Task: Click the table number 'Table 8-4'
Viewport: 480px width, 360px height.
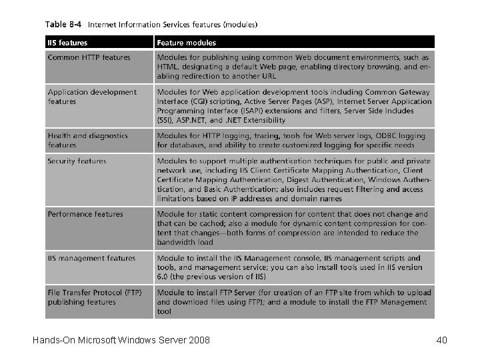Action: click(x=63, y=25)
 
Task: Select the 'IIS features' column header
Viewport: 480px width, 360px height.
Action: click(x=67, y=43)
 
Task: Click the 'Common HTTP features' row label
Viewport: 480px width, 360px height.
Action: click(x=89, y=57)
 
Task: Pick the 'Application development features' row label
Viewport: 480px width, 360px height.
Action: click(x=92, y=97)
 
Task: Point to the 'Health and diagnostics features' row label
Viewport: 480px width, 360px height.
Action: click(x=87, y=140)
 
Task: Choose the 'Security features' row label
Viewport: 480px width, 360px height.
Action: click(x=77, y=161)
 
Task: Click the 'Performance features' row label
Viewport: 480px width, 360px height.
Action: click(x=85, y=214)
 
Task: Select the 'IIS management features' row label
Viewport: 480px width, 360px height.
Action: click(x=91, y=258)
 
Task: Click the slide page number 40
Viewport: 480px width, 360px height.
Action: click(x=441, y=341)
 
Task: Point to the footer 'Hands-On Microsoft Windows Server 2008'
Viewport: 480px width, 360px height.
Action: click(x=121, y=341)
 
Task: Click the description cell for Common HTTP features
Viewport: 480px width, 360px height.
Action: click(x=294, y=67)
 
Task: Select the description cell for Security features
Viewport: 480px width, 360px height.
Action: click(x=294, y=179)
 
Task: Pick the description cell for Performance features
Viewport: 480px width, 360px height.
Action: click(x=294, y=228)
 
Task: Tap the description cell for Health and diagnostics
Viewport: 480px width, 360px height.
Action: click(x=294, y=140)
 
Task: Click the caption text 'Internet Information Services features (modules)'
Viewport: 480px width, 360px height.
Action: click(x=173, y=25)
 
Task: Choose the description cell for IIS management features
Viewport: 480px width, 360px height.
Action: click(x=294, y=267)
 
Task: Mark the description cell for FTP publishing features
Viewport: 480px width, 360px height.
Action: click(x=294, y=301)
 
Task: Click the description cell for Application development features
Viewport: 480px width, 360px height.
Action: click(x=294, y=106)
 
